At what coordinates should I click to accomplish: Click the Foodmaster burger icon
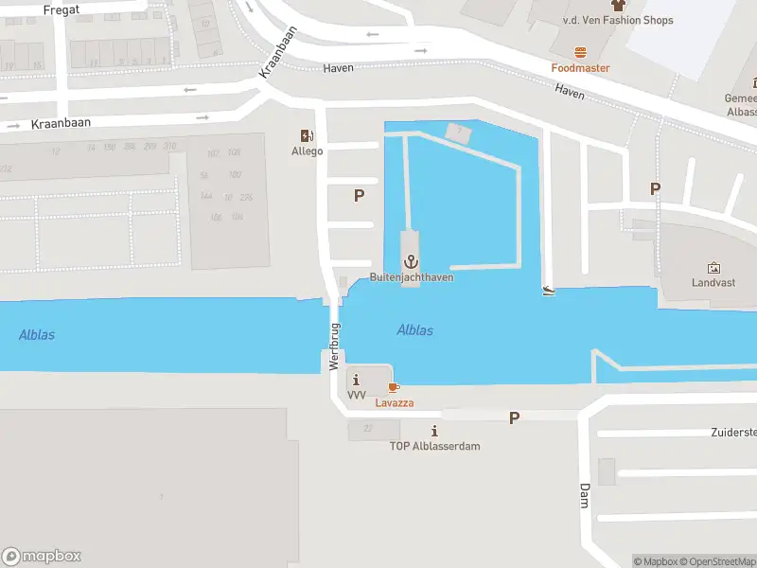(580, 52)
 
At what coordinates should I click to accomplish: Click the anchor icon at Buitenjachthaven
(411, 261)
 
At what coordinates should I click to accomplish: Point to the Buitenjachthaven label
(411, 277)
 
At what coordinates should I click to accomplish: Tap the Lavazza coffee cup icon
(394, 387)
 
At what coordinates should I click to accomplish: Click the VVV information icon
(356, 380)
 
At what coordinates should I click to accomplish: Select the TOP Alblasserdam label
(434, 446)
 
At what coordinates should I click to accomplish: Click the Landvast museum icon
(713, 268)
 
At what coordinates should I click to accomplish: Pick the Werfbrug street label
(334, 346)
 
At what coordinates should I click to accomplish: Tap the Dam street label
(584, 494)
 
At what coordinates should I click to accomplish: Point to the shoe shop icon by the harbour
(548, 290)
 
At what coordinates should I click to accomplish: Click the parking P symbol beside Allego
(359, 196)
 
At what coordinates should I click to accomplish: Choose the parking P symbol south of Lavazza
(515, 417)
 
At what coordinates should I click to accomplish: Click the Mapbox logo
(42, 557)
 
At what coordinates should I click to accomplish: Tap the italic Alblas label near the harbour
(415, 330)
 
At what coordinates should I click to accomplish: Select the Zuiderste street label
(733, 433)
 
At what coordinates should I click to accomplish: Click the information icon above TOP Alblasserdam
(434, 431)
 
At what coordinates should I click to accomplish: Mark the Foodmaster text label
(580, 68)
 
